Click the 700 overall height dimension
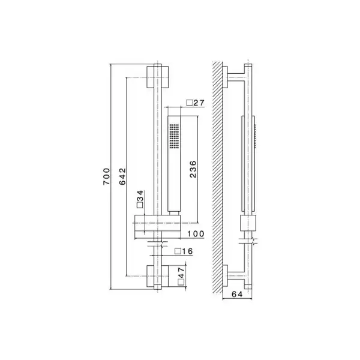point(107,176)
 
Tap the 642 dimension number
point(122,176)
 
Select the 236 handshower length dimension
point(193,169)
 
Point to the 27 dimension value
point(199,103)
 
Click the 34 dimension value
point(140,196)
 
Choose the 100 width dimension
point(196,234)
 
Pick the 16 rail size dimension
point(187,251)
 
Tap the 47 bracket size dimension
point(181,272)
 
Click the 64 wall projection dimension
point(237,295)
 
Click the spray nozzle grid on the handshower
point(174,137)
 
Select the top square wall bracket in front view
point(157,77)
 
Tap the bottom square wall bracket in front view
point(157,276)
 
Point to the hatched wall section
point(218,177)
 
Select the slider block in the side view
point(248,223)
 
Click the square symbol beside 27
point(190,103)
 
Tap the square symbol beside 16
point(177,251)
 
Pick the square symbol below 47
point(181,282)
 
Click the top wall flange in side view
point(225,77)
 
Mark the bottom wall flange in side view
point(225,276)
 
